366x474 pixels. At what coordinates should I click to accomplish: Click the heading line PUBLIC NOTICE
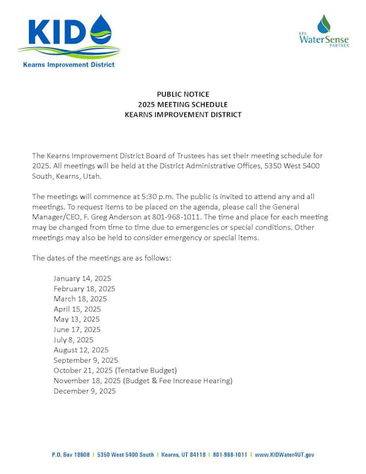click(x=183, y=94)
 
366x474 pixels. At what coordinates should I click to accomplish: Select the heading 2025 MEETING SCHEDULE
click(x=183, y=104)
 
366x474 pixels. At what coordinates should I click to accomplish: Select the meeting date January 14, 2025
click(x=82, y=278)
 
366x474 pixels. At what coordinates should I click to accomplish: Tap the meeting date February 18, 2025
click(x=84, y=288)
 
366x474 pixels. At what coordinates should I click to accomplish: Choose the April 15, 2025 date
click(x=77, y=309)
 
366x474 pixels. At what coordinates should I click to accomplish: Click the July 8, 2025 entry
click(x=74, y=340)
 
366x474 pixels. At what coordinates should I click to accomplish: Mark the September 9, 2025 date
click(x=86, y=360)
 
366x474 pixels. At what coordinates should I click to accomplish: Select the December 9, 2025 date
click(x=84, y=391)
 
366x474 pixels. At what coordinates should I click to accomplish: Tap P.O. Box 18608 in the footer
click(x=70, y=455)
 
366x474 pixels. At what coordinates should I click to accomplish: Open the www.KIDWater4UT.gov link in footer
click(x=284, y=455)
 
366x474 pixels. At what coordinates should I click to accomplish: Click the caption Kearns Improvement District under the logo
click(x=68, y=65)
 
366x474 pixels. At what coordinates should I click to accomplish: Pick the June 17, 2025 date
click(x=77, y=329)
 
